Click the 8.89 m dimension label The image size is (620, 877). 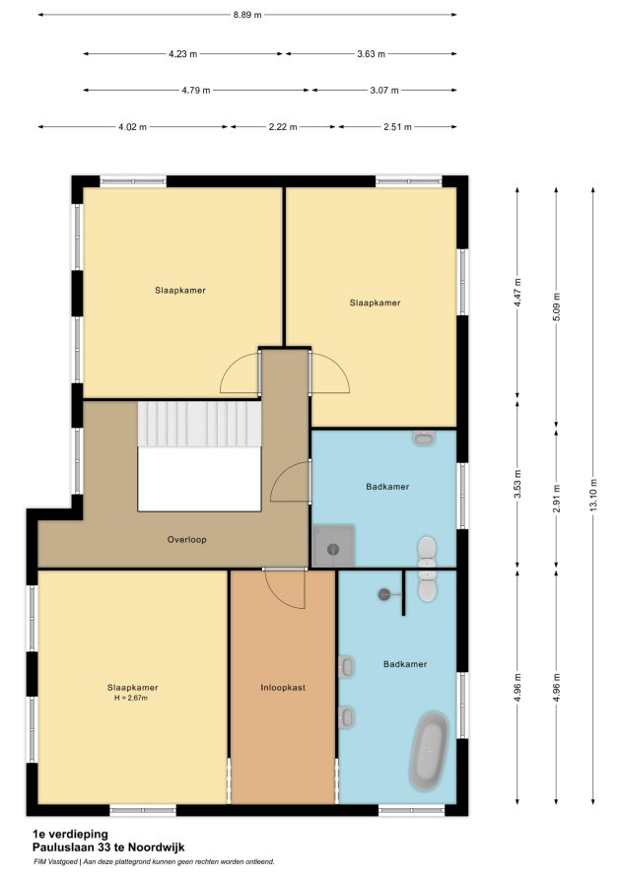click(247, 15)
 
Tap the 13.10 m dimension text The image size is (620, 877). click(593, 495)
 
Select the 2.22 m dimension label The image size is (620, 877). click(283, 127)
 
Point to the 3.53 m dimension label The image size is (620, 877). click(517, 485)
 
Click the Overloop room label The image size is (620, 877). click(187, 540)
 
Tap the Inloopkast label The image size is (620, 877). click(283, 688)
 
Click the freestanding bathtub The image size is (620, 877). click(429, 751)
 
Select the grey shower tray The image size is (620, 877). click(333, 546)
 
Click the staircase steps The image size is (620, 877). click(200, 424)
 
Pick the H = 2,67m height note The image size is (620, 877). click(131, 698)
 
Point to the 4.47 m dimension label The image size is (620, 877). click(517, 292)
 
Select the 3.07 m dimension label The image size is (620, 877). click(384, 90)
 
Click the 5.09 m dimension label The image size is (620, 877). click(556, 307)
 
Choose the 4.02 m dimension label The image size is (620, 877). click(133, 127)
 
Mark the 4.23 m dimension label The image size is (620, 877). click(183, 54)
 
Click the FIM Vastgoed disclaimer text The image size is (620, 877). click(154, 862)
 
